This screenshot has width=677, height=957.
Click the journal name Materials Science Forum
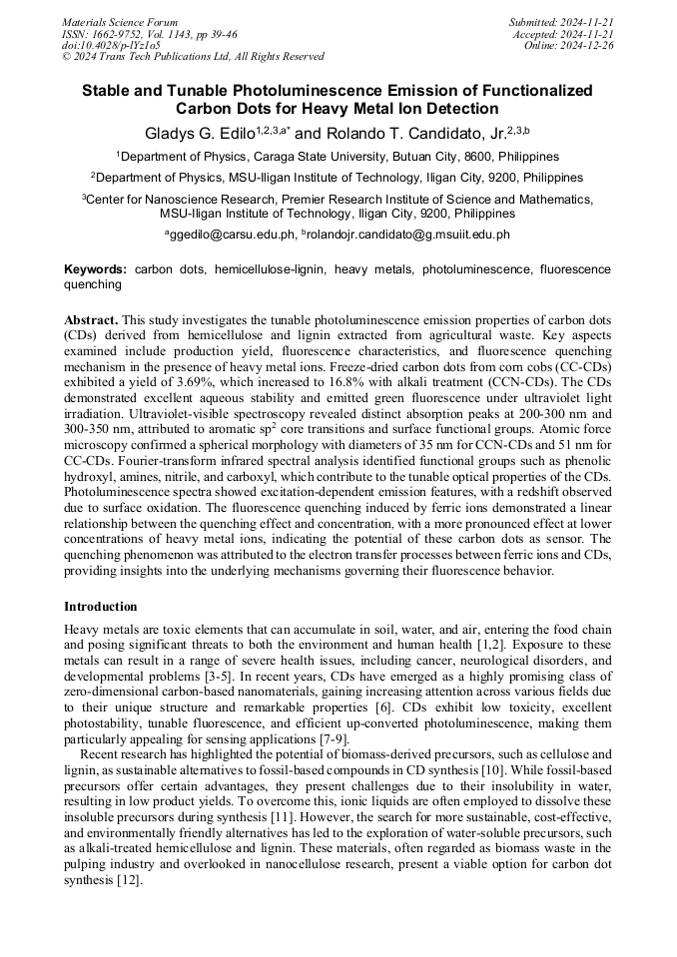[x=120, y=21]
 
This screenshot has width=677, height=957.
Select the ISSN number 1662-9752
[x=129, y=33]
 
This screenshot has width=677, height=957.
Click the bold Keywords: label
[x=95, y=269]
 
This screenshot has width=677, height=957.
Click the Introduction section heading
[x=101, y=607]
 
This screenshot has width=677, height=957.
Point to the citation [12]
[x=130, y=881]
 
